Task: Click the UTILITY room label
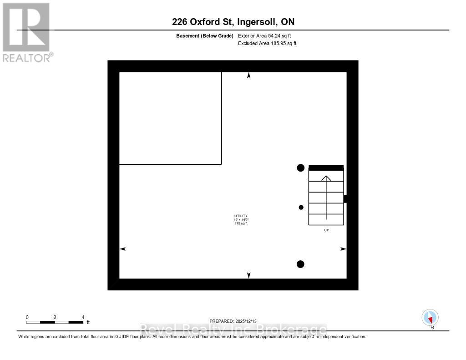coord(241,216)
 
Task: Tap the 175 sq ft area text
coord(241,223)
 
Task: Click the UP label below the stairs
coord(326,230)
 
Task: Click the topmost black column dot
coord(300,168)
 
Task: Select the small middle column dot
coord(301,208)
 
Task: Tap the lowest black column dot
coord(300,264)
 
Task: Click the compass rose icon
coord(430,317)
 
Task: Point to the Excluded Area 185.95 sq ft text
coord(267,43)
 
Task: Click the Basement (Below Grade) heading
coord(204,35)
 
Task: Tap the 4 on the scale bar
coord(83,317)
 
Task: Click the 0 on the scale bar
coord(27,317)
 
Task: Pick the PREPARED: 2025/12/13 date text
coord(236,321)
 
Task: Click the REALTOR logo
coord(27,32)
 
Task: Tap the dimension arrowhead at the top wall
coord(248,76)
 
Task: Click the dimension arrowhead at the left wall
coord(122,249)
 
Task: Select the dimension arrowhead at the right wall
coord(343,249)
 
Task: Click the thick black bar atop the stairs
coord(326,167)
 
